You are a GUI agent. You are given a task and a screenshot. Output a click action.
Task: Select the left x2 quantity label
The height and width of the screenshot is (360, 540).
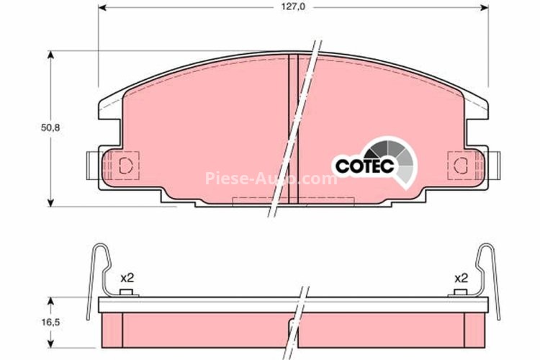[127, 277]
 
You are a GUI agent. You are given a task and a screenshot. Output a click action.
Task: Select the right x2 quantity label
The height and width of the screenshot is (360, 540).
[462, 277]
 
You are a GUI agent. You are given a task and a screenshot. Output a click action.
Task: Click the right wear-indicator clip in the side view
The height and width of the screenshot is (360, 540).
[489, 277]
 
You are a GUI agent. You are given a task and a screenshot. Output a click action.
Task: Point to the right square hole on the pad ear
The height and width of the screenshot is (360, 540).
[459, 164]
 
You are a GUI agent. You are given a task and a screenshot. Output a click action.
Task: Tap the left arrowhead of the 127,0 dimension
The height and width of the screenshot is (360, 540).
[102, 7]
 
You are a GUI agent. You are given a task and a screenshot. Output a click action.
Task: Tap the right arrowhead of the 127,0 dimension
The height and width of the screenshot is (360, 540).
[484, 7]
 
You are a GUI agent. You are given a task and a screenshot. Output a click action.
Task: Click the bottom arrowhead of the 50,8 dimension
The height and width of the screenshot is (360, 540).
[51, 202]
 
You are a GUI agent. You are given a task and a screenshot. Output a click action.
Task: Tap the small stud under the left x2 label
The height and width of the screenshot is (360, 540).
[127, 292]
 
